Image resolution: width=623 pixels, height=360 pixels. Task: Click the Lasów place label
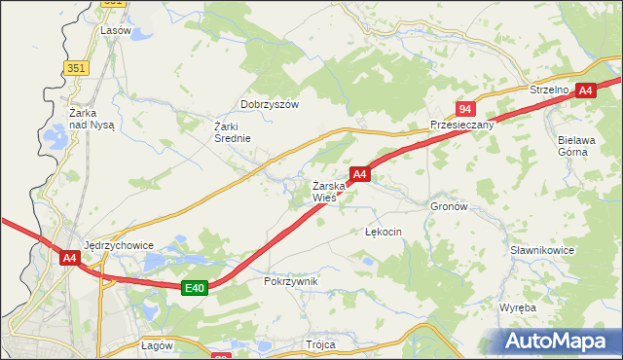(116, 30)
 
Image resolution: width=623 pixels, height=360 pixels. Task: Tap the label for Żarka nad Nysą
(92, 119)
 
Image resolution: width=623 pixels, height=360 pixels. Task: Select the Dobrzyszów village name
(270, 104)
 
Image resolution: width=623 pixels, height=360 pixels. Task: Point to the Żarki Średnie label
(233, 131)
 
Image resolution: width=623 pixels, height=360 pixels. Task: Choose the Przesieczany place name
(462, 126)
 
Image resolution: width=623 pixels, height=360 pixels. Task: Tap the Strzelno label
(549, 89)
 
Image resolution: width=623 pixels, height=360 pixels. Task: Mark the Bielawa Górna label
(581, 145)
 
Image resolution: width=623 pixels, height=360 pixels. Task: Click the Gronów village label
(450, 207)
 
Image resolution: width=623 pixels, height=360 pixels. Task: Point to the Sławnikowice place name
(542, 250)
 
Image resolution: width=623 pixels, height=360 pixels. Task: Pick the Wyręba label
(518, 307)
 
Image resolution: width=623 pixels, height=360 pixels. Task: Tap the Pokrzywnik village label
(291, 281)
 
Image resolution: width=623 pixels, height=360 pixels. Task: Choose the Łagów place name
(157, 345)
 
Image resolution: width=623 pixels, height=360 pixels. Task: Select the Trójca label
(320, 345)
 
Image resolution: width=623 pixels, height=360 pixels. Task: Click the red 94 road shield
(466, 109)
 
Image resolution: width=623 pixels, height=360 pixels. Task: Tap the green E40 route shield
(195, 287)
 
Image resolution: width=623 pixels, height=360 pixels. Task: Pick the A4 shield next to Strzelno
(585, 90)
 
